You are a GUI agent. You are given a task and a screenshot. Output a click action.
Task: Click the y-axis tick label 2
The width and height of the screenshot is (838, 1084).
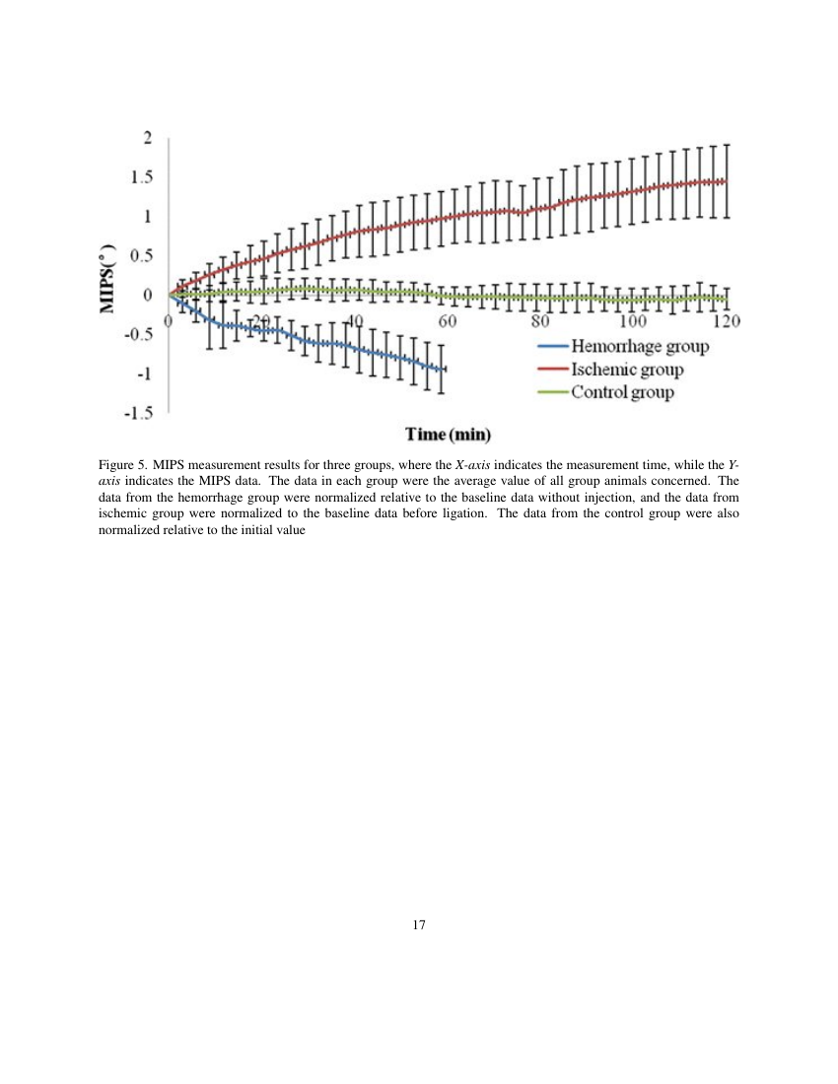tap(148, 138)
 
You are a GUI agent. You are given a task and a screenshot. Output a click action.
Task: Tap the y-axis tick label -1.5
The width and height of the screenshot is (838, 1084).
tap(138, 414)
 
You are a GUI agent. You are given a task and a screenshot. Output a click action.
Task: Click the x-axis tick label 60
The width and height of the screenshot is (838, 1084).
tap(447, 321)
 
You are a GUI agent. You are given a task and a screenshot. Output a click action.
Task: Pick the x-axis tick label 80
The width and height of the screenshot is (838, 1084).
tap(539, 321)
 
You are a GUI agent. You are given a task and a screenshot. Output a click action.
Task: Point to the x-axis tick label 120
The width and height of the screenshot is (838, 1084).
tap(726, 321)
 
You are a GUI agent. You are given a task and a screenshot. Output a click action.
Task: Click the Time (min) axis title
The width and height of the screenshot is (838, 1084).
tap(449, 435)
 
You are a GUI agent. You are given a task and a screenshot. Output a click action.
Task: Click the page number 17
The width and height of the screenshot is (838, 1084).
tap(419, 924)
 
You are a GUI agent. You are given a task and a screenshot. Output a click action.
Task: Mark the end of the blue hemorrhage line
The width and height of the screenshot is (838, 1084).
tap(445, 369)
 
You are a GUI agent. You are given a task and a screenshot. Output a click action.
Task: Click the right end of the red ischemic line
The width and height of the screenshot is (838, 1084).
tap(727, 181)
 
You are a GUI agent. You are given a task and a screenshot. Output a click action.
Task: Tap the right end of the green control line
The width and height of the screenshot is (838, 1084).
tap(727, 299)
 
